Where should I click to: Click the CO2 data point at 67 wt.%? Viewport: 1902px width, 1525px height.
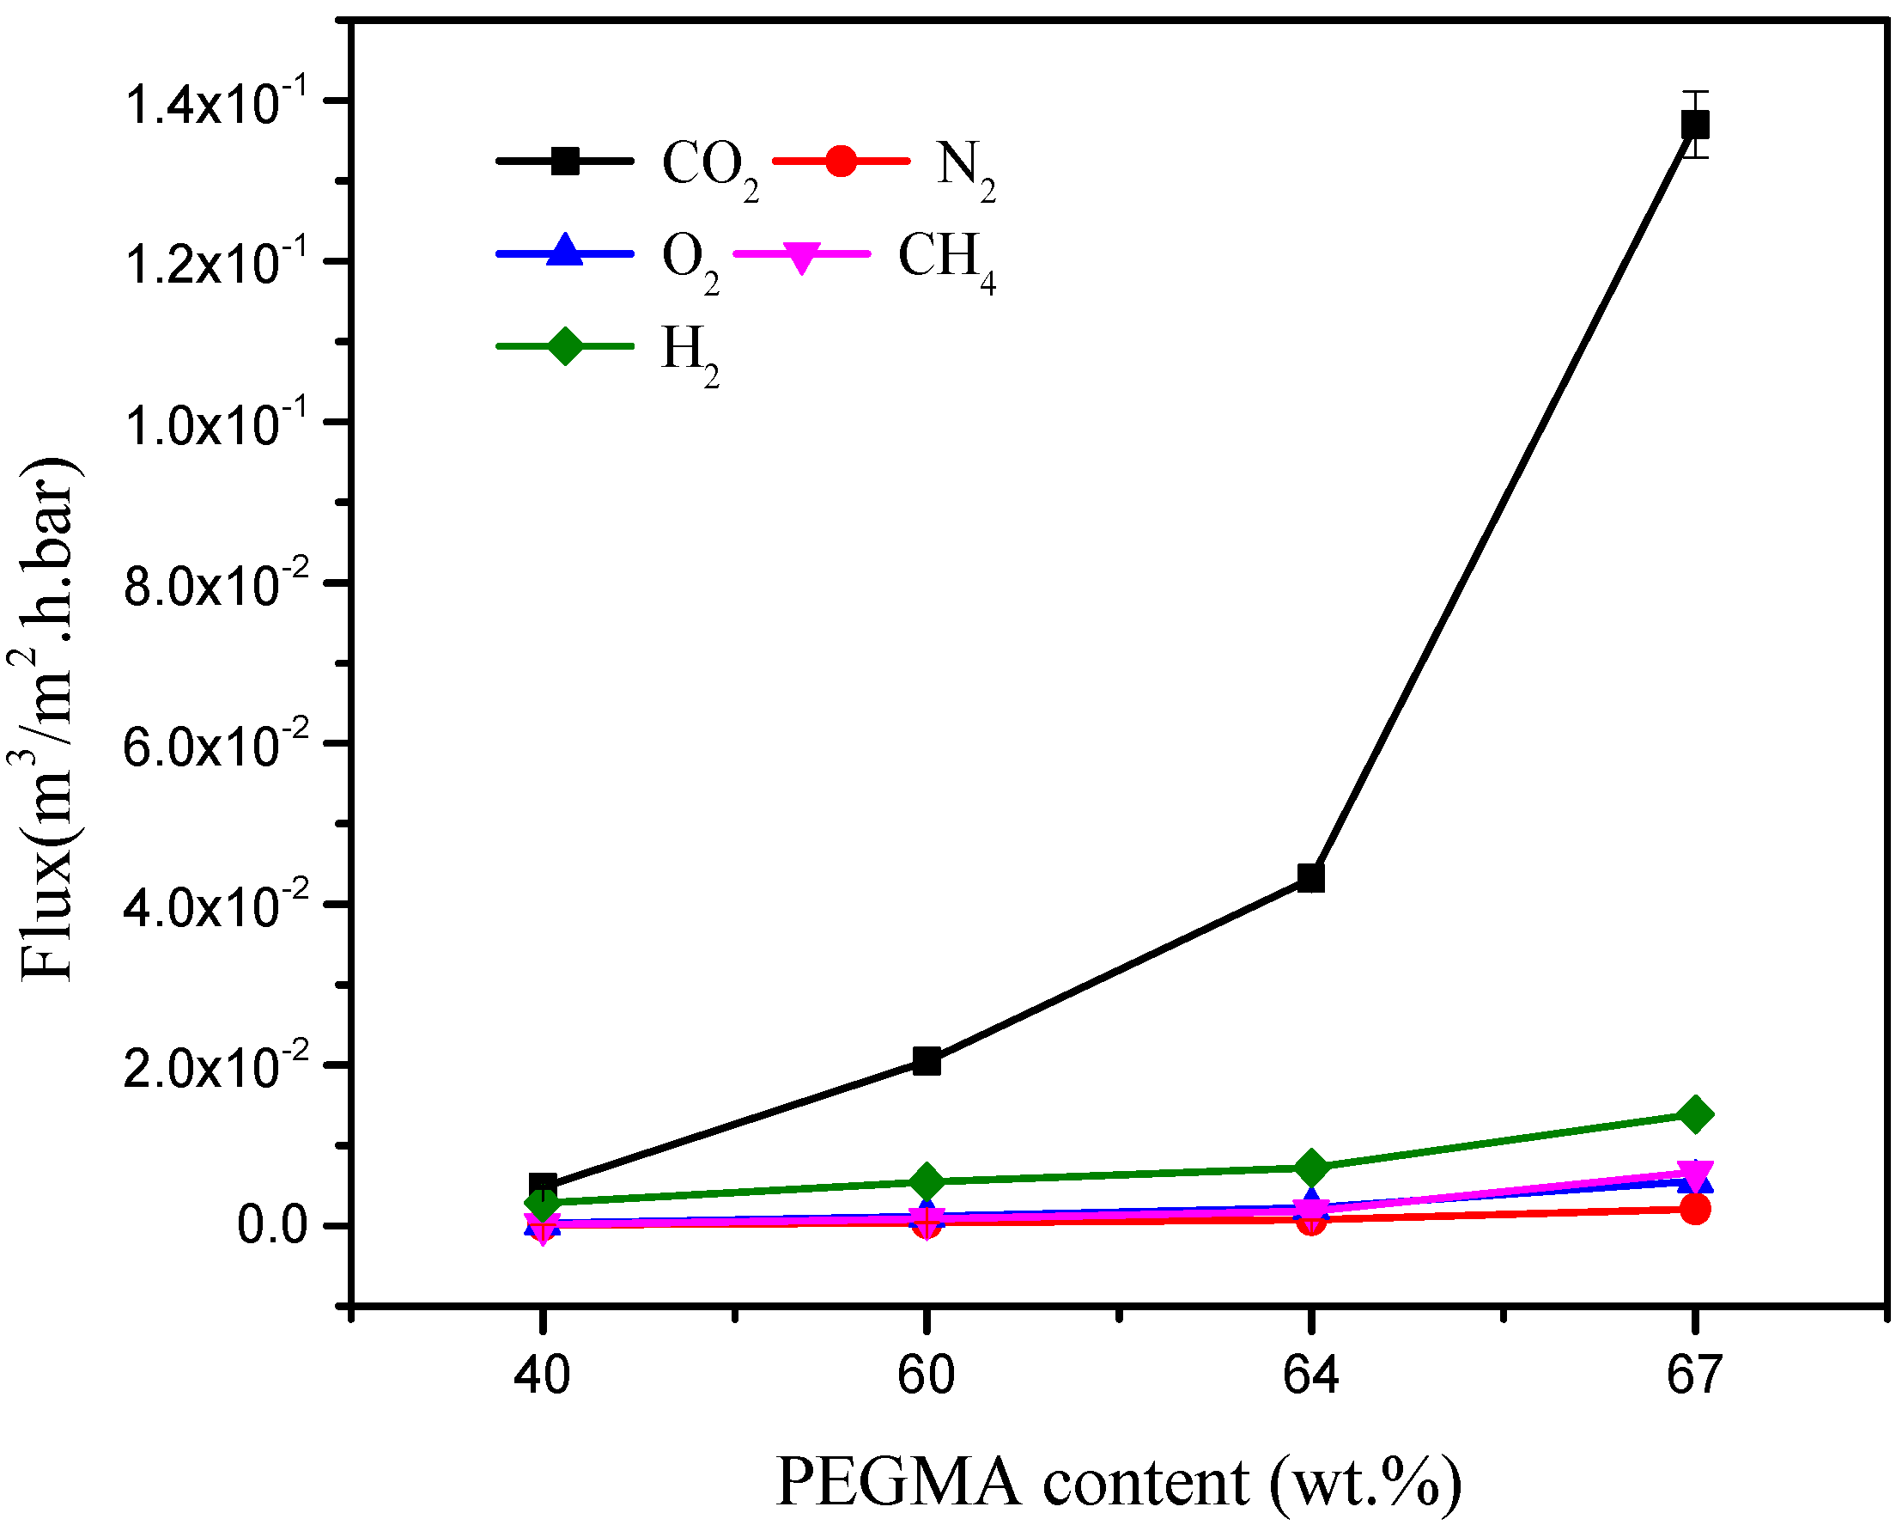pyautogui.click(x=1695, y=125)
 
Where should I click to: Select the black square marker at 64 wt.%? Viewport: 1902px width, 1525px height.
pyautogui.click(x=1311, y=878)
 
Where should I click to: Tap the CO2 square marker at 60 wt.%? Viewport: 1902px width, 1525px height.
pyautogui.click(x=927, y=1062)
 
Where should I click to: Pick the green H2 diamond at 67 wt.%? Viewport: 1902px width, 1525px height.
pyautogui.click(x=1695, y=1114)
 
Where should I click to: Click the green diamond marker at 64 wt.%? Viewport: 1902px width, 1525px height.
pyautogui.click(x=1311, y=1168)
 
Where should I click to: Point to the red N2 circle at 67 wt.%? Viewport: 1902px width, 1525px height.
pyautogui.click(x=1695, y=1209)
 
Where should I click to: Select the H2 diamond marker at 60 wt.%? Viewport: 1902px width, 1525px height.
pyautogui.click(x=927, y=1180)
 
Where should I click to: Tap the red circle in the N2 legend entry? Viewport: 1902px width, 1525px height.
pyautogui.click(x=841, y=161)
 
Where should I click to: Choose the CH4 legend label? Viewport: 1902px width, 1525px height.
pyautogui.click(x=946, y=260)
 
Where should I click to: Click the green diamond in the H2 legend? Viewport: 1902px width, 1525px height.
pyautogui.click(x=566, y=345)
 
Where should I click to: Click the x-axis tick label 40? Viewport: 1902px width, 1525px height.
pyautogui.click(x=543, y=1375)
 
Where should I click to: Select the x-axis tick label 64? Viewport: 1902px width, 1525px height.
pyautogui.click(x=1311, y=1375)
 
